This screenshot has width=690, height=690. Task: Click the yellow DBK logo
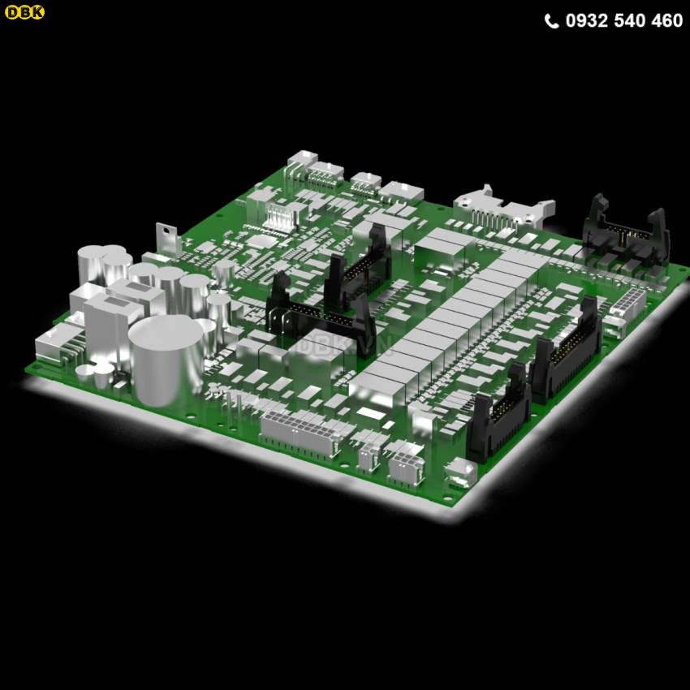point(24,12)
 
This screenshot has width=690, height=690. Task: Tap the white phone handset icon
point(551,20)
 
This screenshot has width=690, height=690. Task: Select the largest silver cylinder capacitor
point(166,360)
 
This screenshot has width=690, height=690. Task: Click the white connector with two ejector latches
point(504,210)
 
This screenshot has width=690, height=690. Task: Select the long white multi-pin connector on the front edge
point(300,433)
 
